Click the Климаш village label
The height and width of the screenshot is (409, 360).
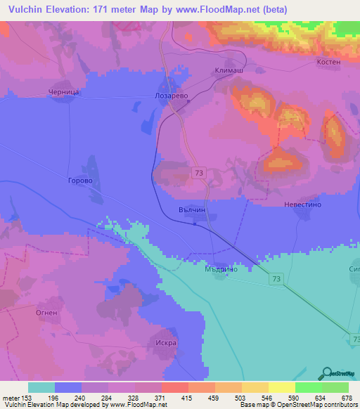click(x=226, y=71)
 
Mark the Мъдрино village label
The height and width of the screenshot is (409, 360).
click(x=220, y=268)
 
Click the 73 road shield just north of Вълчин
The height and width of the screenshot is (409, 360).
click(x=200, y=173)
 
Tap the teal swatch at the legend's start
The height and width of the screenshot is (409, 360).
click(x=41, y=387)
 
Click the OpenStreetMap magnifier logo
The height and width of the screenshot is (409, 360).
click(x=326, y=372)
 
